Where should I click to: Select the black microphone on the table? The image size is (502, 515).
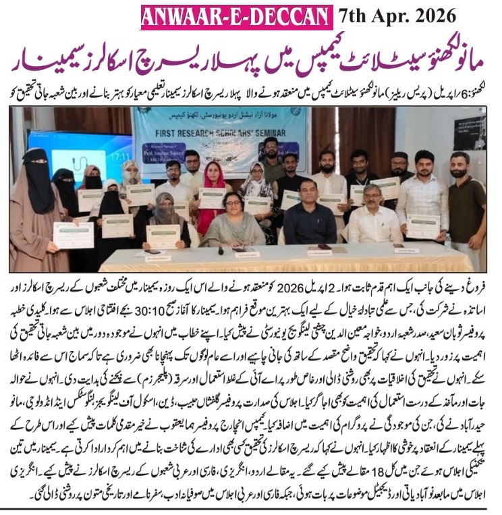[x=221, y=250]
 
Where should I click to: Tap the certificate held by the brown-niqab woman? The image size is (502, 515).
[x=72, y=234]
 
